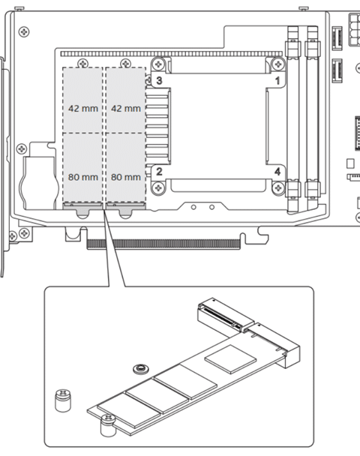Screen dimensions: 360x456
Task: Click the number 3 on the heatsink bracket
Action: [x=159, y=80]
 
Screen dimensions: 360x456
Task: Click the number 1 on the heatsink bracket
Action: [x=277, y=80]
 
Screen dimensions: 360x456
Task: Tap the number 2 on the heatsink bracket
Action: [x=159, y=171]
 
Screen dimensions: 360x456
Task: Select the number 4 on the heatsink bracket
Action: [x=277, y=171]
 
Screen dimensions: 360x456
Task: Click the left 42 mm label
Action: [x=83, y=109]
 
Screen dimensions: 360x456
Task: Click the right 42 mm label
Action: [x=126, y=109]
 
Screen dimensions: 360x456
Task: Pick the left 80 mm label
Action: [x=83, y=177]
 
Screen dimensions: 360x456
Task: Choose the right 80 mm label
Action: [x=126, y=177]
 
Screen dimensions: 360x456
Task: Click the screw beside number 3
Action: [x=158, y=64]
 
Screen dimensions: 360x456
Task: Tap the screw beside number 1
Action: [x=278, y=64]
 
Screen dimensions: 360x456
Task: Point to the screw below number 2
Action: [x=158, y=187]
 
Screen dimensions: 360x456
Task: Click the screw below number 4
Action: [x=278, y=187]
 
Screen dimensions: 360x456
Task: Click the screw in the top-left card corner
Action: [x=24, y=31]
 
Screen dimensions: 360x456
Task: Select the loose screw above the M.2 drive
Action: [x=141, y=369]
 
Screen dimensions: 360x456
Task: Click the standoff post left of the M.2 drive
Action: [x=63, y=400]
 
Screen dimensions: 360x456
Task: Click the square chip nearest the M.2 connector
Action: [x=230, y=358]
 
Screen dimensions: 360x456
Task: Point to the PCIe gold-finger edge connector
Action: [x=163, y=244]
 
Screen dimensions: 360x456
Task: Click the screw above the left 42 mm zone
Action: [x=83, y=63]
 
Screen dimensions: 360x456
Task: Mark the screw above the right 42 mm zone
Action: [x=125, y=63]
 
